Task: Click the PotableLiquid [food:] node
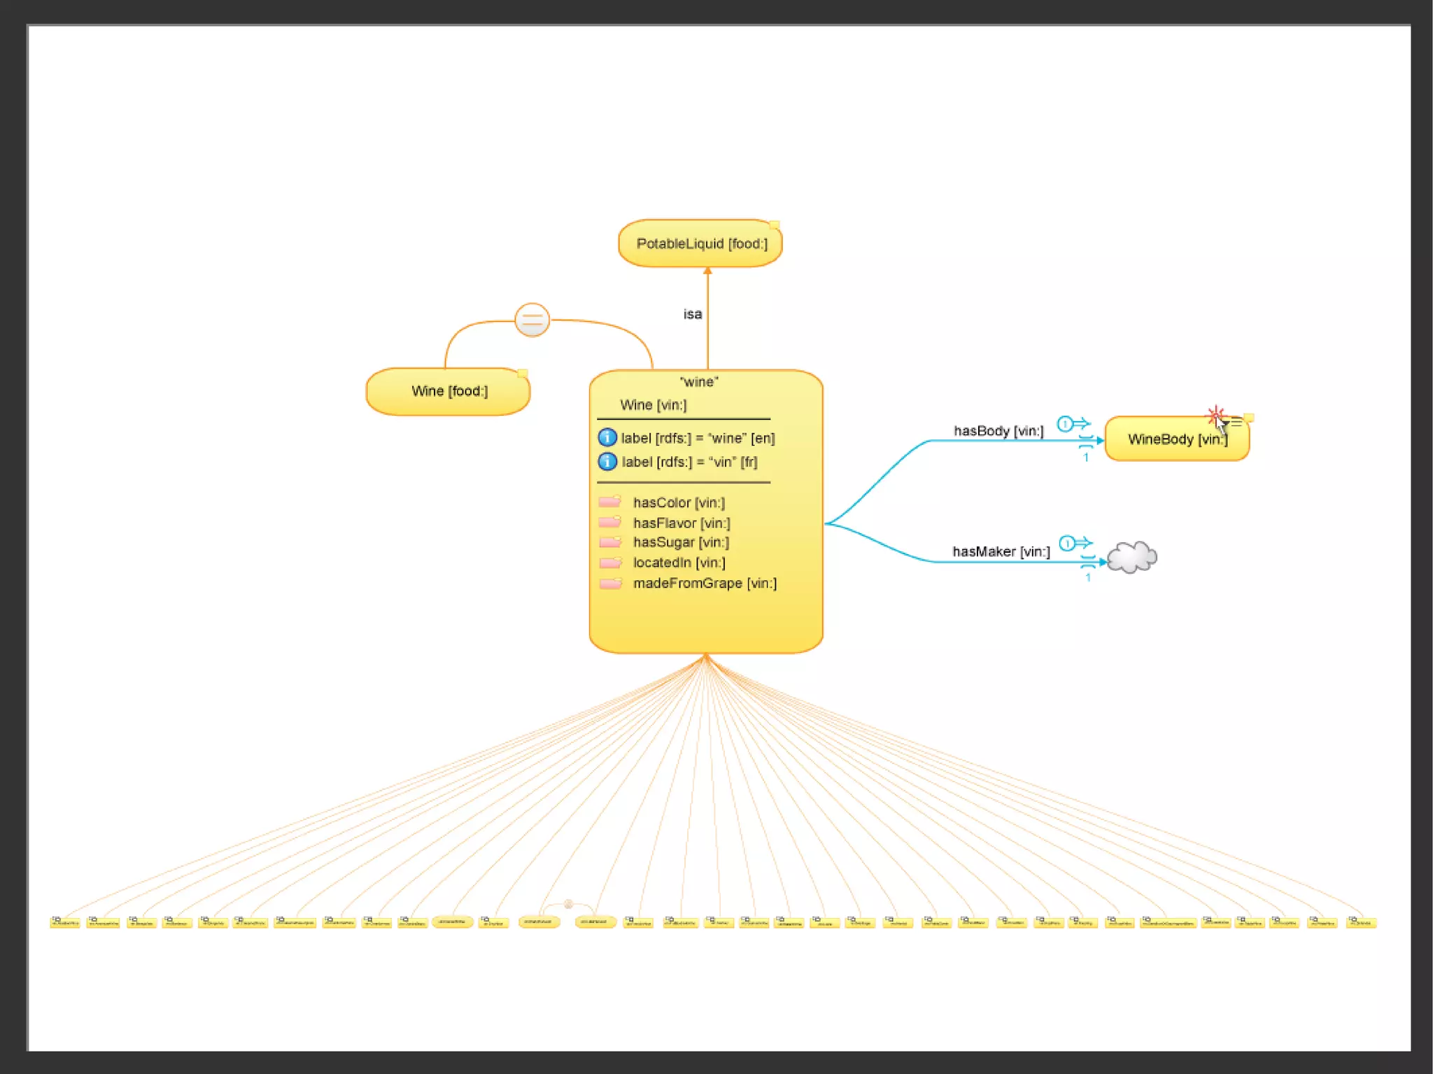point(700,243)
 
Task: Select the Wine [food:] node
point(449,391)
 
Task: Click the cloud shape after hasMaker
point(1132,558)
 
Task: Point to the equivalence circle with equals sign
point(532,320)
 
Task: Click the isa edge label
point(693,314)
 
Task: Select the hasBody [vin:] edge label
point(998,431)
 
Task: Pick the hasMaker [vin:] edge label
point(1001,551)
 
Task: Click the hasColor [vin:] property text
point(679,502)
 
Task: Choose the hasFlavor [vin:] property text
point(682,523)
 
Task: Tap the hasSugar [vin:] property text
point(681,542)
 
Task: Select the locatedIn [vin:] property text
point(679,563)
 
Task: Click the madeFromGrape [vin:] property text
point(705,583)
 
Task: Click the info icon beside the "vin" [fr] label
point(607,462)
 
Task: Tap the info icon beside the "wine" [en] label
point(607,438)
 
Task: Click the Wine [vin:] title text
point(654,405)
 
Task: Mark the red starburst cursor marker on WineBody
point(1215,414)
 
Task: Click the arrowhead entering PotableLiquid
point(707,271)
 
